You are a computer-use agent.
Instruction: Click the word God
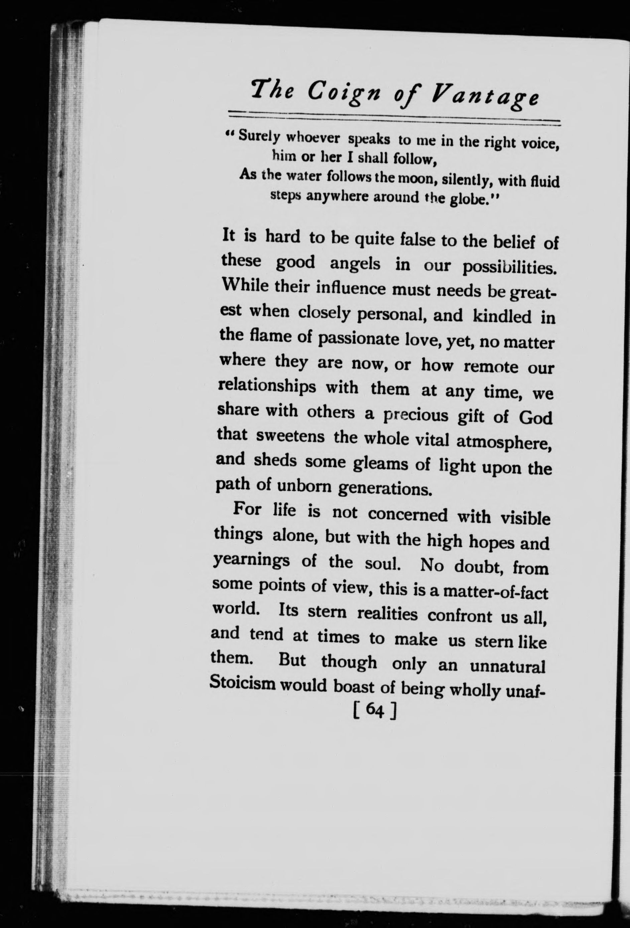click(x=535, y=418)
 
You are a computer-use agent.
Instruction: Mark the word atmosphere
click(x=504, y=442)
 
